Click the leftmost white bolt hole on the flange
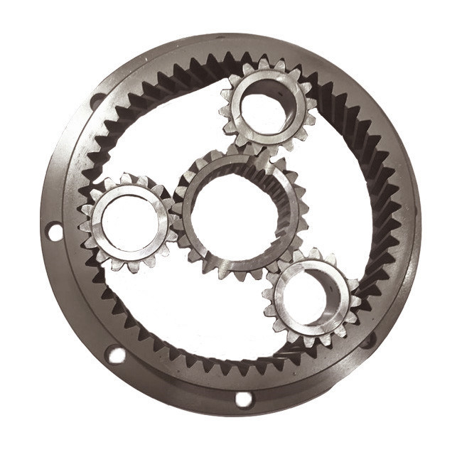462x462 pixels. (x=53, y=231)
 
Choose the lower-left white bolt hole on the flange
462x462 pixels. (x=115, y=354)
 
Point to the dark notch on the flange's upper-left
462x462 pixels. (x=97, y=101)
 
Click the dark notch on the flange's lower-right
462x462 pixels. (x=367, y=340)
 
